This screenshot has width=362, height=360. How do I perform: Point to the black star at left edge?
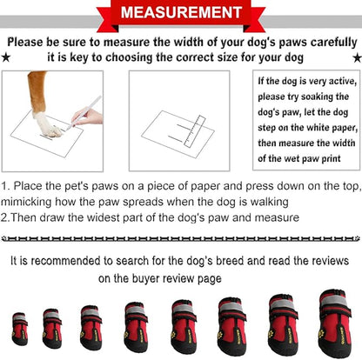click(6, 57)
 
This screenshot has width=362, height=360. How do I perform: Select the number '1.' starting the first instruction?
click(7, 186)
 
